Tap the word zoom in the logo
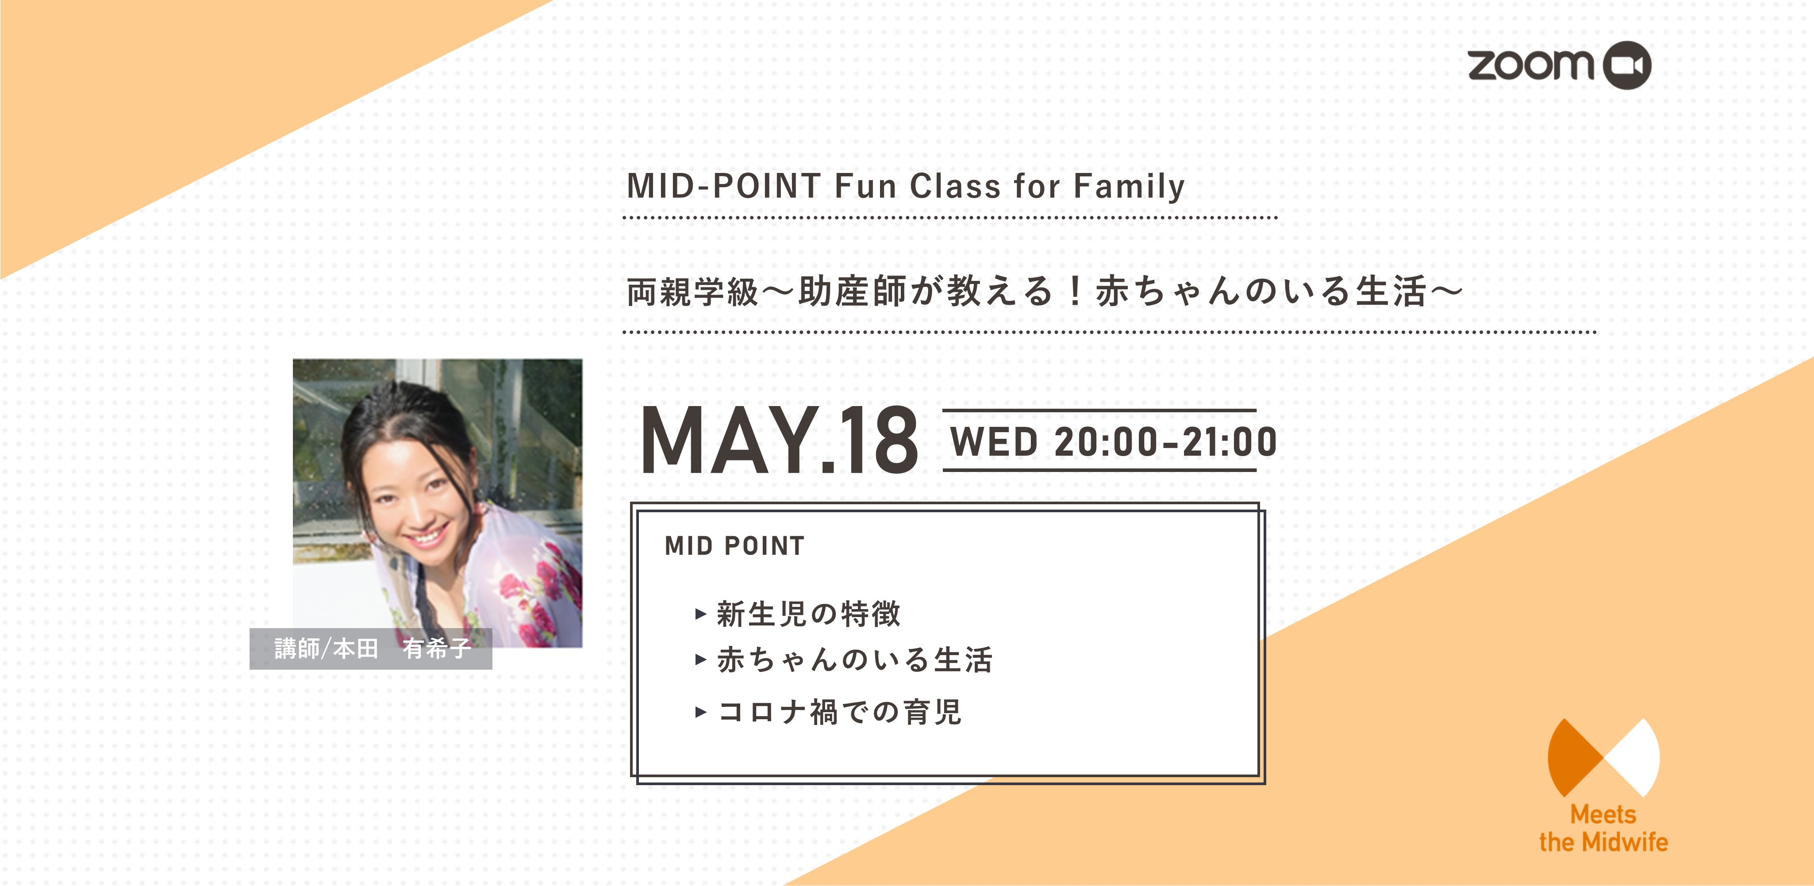click(x=1530, y=65)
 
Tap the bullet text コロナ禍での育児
click(x=839, y=711)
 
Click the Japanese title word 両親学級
click(x=692, y=291)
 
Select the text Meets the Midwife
click(x=1603, y=828)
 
